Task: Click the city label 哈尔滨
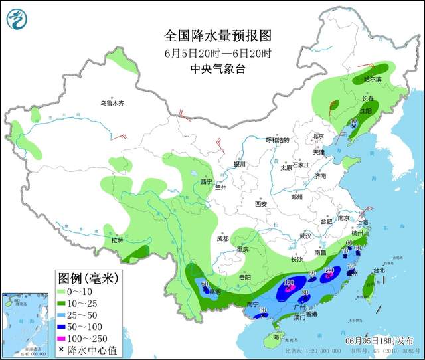(373, 79)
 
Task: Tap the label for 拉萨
(117, 240)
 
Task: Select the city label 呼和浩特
(278, 140)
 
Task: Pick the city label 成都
(222, 238)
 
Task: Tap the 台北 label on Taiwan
(379, 270)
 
